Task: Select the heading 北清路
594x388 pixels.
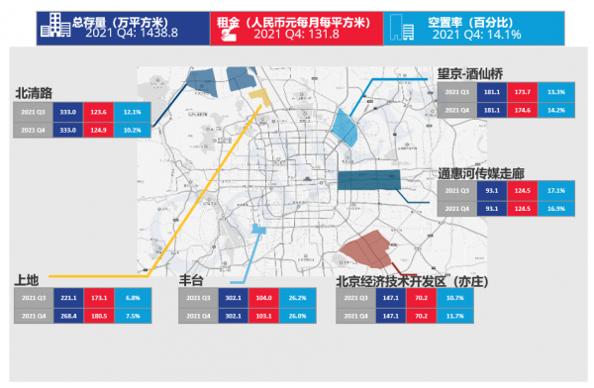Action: click(x=36, y=93)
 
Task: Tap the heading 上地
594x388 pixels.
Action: click(x=28, y=280)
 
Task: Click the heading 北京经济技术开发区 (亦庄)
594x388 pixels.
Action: click(x=416, y=280)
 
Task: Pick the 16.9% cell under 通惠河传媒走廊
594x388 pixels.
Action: click(x=556, y=208)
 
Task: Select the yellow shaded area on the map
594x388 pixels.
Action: click(x=259, y=98)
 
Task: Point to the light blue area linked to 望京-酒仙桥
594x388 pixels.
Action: click(x=346, y=127)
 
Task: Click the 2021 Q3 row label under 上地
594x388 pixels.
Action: click(x=32, y=298)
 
